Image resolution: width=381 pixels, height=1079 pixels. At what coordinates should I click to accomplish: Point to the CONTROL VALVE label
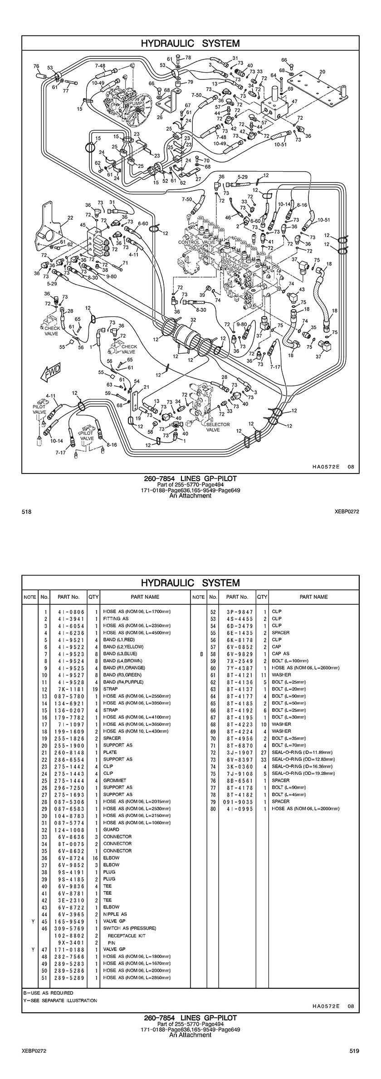point(196,242)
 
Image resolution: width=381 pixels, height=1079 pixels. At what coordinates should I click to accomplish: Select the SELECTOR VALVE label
point(218,427)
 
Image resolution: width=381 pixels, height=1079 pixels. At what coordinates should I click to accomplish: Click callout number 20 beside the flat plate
point(322,71)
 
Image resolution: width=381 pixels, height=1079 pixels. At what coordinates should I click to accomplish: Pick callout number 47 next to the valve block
point(294,101)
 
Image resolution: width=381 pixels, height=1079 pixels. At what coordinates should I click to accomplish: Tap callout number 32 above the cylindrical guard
point(193,320)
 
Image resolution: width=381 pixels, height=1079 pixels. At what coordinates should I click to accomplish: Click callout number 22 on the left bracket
point(70,218)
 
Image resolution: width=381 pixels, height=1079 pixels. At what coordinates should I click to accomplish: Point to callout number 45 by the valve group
point(83,224)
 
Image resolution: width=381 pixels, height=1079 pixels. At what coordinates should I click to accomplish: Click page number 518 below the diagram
point(26,512)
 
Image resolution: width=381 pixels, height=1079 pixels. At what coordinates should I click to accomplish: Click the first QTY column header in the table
point(93,597)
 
